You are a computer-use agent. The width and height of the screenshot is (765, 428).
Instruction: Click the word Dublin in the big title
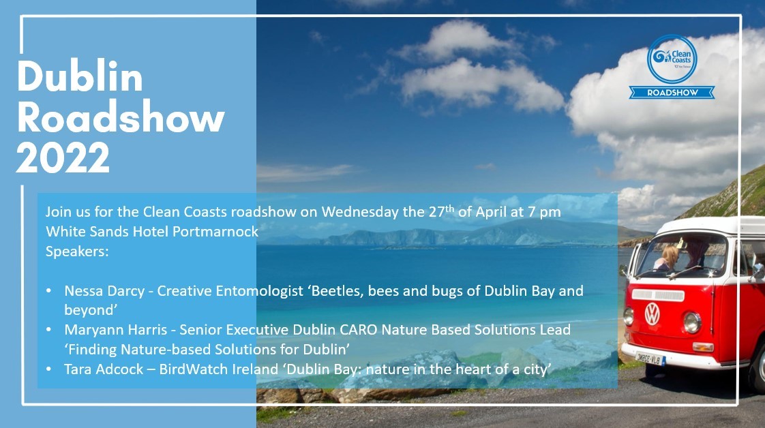[x=80, y=76]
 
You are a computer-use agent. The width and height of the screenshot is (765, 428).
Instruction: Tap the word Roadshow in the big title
[x=121, y=117]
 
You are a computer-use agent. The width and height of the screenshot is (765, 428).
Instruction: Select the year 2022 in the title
[x=63, y=157]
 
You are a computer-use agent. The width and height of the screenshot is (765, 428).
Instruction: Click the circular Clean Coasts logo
[x=672, y=59]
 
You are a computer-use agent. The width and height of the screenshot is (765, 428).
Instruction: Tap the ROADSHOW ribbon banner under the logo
[x=672, y=92]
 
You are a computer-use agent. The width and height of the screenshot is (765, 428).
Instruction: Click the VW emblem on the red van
[x=652, y=314]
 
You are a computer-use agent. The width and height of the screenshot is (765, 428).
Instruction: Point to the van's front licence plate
[x=650, y=359]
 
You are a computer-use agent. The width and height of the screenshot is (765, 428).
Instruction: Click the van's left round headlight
[x=629, y=316]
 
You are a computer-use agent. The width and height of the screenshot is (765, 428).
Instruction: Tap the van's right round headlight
[x=692, y=322]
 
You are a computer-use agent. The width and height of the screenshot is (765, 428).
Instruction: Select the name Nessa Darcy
[x=104, y=291]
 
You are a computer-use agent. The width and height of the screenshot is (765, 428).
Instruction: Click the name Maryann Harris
[x=116, y=330]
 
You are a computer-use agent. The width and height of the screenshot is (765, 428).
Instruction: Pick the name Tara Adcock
[x=104, y=369]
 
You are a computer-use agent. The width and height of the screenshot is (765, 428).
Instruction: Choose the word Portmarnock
[x=215, y=232]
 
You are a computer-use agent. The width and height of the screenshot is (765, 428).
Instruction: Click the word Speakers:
[x=77, y=251]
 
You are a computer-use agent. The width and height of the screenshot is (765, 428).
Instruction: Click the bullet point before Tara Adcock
[x=48, y=369]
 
